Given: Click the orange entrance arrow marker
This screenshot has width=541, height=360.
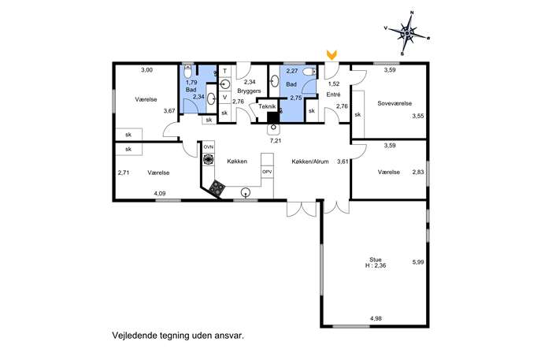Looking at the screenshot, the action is (x=332, y=54).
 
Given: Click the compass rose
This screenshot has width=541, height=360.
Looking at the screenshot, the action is (x=407, y=33).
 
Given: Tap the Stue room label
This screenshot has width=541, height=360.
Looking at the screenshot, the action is (x=376, y=259).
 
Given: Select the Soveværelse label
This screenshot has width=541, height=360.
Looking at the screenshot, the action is (x=395, y=103).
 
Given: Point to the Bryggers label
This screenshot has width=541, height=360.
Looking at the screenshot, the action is (x=249, y=91).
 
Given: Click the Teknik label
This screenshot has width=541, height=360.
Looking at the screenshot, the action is (x=268, y=106).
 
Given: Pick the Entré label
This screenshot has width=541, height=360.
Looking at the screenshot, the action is (x=333, y=95).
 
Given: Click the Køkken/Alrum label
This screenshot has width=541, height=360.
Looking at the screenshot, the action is (x=309, y=161).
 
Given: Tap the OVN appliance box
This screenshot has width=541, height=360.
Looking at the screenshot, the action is (x=209, y=147).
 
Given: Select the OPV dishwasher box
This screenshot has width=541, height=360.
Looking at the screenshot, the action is (x=267, y=172).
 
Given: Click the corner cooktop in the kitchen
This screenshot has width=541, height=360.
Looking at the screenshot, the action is (x=217, y=187).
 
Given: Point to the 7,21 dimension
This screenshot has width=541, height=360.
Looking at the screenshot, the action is (x=276, y=140).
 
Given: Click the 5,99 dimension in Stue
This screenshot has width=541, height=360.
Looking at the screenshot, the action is (x=418, y=262).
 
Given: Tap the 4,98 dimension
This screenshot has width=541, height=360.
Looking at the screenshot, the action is (x=376, y=318).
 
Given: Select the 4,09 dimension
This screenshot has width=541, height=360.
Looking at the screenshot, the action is (x=160, y=194).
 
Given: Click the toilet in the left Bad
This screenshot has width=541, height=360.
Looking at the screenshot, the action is (x=187, y=72).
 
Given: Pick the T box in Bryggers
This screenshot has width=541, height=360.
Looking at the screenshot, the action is (x=225, y=71).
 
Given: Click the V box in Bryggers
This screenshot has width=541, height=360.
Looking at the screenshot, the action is (x=225, y=98).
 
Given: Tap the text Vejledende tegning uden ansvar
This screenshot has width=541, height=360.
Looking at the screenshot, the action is (x=178, y=336).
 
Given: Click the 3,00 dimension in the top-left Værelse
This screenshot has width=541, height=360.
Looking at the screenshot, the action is (x=146, y=70).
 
